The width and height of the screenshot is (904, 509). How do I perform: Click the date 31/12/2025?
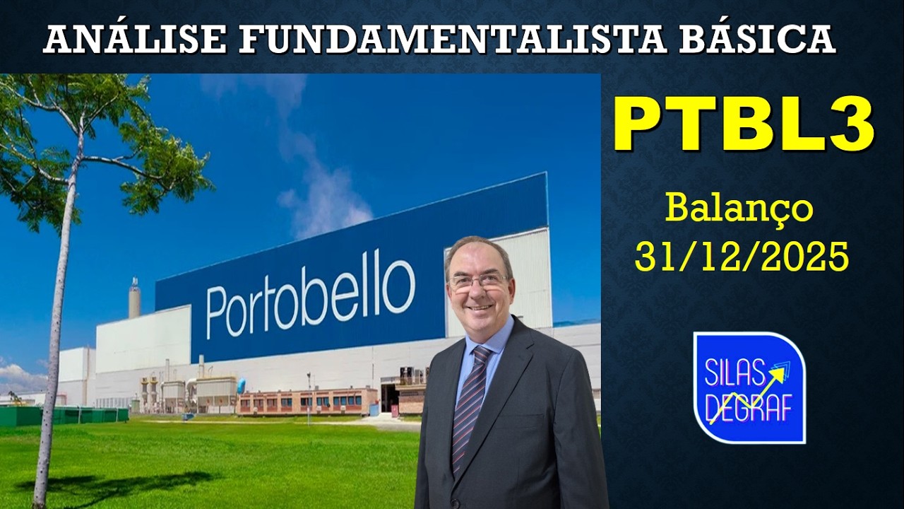coord(742,257)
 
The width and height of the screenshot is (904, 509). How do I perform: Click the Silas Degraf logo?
coord(749,387)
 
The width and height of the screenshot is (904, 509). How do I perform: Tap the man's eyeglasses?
coord(478,281)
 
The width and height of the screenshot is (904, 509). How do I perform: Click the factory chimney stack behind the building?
coord(134,299)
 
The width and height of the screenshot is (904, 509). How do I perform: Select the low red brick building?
coord(307,401)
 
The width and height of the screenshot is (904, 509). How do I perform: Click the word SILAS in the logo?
coord(732,371)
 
